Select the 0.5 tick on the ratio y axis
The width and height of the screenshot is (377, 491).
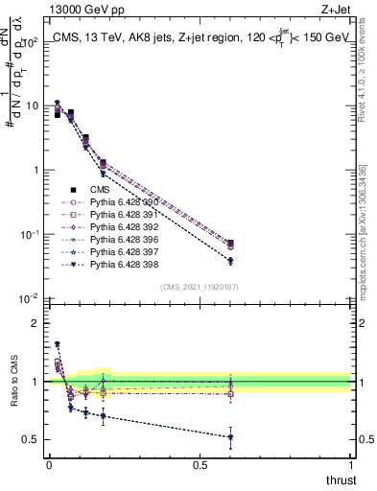tap(32, 439)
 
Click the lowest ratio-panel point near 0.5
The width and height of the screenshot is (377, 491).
tap(230, 437)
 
